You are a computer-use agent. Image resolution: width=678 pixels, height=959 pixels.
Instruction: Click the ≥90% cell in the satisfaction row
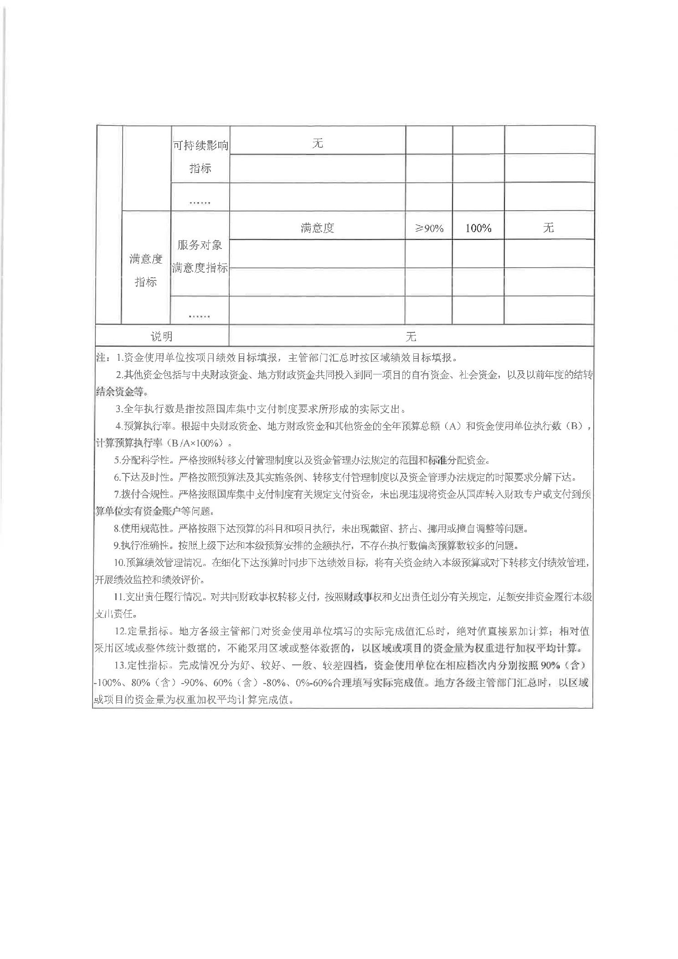(x=429, y=228)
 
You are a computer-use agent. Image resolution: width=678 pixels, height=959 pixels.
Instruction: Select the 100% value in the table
(x=478, y=228)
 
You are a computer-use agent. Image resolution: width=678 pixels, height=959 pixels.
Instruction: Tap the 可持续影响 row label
(x=200, y=145)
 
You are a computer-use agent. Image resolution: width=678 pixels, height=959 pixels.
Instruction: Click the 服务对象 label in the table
(x=200, y=245)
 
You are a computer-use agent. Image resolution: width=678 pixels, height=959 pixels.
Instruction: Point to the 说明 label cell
(x=162, y=337)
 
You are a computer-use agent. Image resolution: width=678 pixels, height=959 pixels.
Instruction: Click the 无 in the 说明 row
(x=411, y=337)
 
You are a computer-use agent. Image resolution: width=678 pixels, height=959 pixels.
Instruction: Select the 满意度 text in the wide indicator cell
(x=317, y=228)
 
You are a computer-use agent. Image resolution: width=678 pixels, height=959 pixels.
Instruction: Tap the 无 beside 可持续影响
(x=317, y=143)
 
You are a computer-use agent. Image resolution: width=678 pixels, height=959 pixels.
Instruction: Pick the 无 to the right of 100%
(x=548, y=228)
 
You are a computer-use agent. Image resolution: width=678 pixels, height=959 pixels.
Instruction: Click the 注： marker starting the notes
(x=102, y=358)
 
